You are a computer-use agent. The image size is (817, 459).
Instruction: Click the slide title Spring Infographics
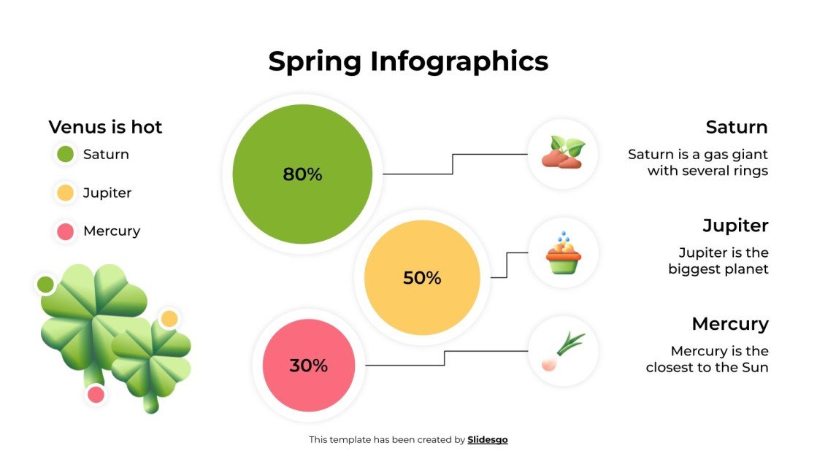pos(408,61)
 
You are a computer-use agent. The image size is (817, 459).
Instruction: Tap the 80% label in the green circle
pos(302,174)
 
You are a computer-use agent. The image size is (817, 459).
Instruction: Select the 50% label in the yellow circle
pos(422,278)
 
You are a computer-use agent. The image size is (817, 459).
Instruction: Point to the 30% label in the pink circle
pos(309,366)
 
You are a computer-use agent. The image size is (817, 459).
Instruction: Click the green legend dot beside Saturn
pos(65,154)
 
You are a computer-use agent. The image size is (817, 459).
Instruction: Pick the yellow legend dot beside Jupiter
pos(65,193)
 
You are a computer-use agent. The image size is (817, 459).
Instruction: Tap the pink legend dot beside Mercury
pos(65,231)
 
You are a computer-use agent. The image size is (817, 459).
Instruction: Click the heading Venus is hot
pos(105,127)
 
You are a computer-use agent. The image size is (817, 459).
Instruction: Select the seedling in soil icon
pos(563,153)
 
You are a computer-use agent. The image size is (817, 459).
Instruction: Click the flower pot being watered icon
pos(563,252)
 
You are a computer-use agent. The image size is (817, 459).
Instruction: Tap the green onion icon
pos(563,351)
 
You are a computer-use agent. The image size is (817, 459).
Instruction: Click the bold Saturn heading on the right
pos(736,127)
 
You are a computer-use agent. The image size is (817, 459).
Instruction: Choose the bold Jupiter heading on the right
pos(735,225)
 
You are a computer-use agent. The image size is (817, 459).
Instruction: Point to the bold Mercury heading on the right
pos(730,323)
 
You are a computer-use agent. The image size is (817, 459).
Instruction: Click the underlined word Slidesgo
pos(487,439)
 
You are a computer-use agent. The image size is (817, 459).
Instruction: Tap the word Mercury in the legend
pos(112,231)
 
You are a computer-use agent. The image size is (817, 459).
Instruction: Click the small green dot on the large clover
pos(45,284)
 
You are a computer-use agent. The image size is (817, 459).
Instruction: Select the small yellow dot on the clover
pos(169,318)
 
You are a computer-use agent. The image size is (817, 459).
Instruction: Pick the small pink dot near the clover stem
pos(96,395)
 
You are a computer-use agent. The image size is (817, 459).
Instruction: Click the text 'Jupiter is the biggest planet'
pos(718,261)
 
